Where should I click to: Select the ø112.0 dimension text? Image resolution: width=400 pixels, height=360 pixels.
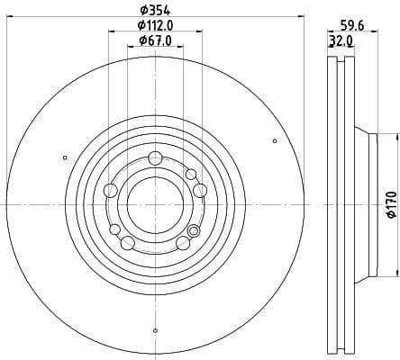(x=155, y=26)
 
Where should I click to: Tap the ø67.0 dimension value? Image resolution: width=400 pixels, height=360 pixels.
(x=155, y=41)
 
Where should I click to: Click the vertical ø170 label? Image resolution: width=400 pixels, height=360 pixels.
(x=391, y=204)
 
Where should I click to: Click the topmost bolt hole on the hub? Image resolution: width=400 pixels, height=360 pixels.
(x=154, y=158)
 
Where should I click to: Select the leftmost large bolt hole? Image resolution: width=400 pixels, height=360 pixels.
(x=111, y=190)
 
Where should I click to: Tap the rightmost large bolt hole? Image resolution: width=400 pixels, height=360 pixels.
(x=199, y=189)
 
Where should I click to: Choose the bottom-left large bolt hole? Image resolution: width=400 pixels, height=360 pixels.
(x=127, y=242)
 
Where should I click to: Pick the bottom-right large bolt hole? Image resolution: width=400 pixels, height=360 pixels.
(x=183, y=242)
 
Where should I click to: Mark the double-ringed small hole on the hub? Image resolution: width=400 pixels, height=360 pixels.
(x=190, y=174)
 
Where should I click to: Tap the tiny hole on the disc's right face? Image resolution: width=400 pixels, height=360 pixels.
(x=275, y=140)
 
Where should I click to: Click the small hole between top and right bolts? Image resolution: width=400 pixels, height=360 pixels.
(x=190, y=174)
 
